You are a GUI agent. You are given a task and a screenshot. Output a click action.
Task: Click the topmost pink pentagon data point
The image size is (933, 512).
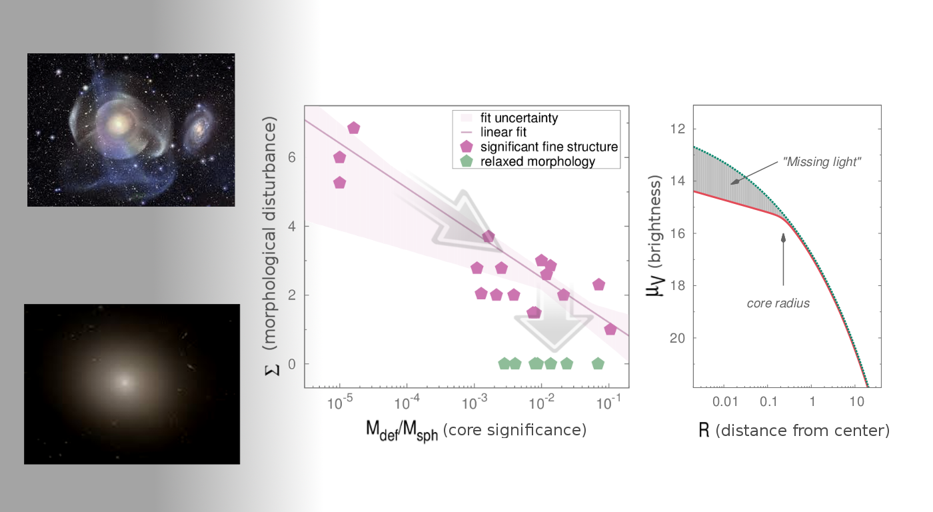[354, 128]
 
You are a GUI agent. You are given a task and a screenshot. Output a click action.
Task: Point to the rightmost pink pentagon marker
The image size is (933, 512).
[610, 329]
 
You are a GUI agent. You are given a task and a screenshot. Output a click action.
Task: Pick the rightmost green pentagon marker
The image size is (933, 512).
[598, 363]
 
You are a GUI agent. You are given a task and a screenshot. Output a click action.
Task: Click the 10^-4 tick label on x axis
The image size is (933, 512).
[407, 403]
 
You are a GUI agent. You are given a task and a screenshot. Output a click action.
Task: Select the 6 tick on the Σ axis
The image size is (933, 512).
[291, 157]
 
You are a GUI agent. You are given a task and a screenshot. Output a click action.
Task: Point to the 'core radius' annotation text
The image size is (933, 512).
[778, 303]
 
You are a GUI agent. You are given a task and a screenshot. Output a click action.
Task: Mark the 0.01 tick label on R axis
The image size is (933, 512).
[725, 402]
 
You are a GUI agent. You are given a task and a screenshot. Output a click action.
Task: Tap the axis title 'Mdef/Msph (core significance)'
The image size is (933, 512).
[476, 430]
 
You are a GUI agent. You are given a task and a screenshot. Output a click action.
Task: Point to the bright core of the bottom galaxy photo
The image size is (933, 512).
[125, 383]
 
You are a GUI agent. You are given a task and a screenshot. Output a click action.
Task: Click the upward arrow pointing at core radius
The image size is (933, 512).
[784, 260]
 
